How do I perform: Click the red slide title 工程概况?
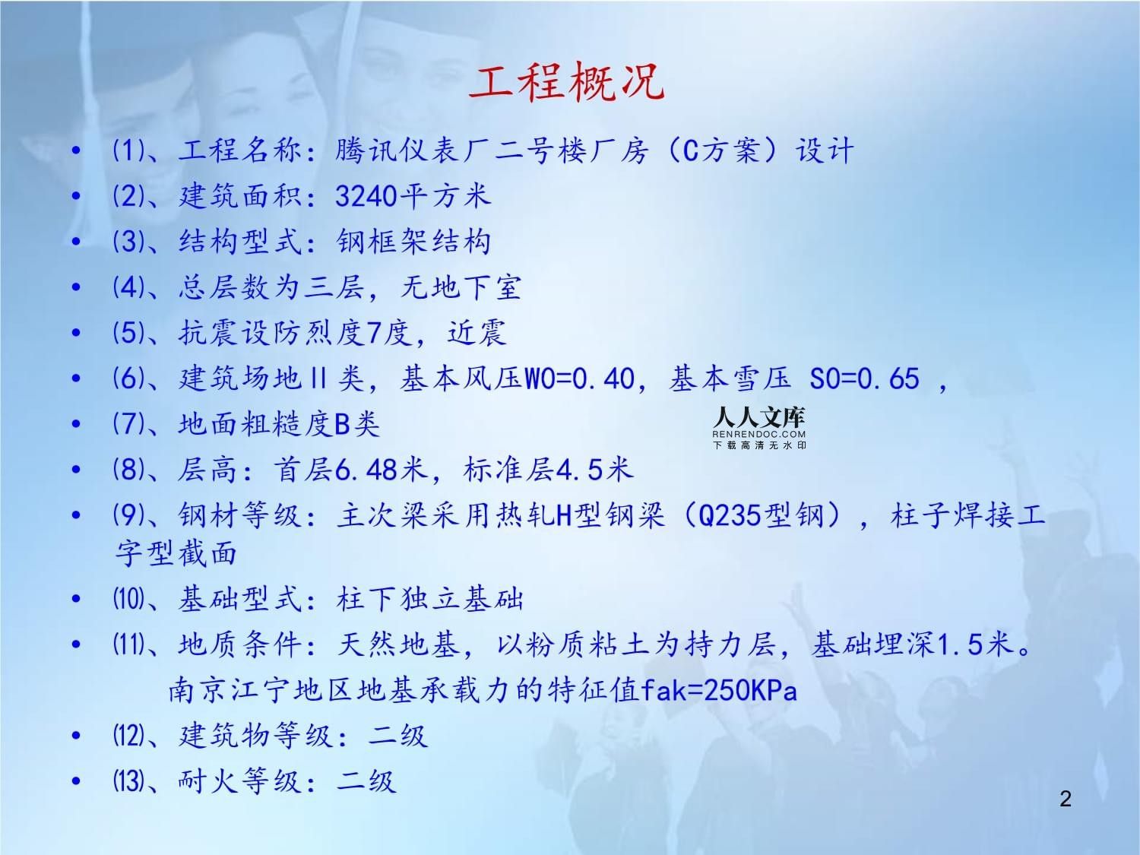coord(566,82)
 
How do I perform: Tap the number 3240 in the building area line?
coord(366,196)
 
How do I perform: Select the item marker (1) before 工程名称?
coord(128,150)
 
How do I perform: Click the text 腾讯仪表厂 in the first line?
coord(399,150)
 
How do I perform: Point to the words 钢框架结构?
coord(414,242)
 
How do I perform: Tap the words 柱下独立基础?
coord(430,599)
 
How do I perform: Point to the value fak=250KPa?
coord(718,690)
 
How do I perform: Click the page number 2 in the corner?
coord(1066,799)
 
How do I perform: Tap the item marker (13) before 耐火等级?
coord(128,781)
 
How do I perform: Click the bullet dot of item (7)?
coord(76,424)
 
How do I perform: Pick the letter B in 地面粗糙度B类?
coord(343,424)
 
